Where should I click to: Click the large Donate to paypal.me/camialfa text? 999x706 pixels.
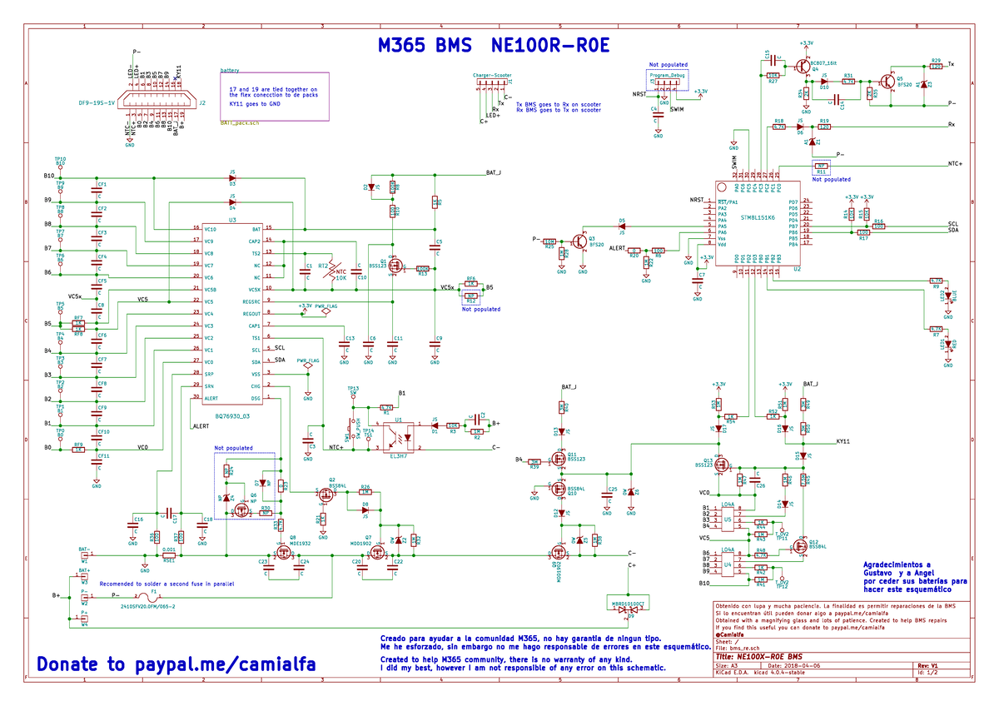pos(176,664)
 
